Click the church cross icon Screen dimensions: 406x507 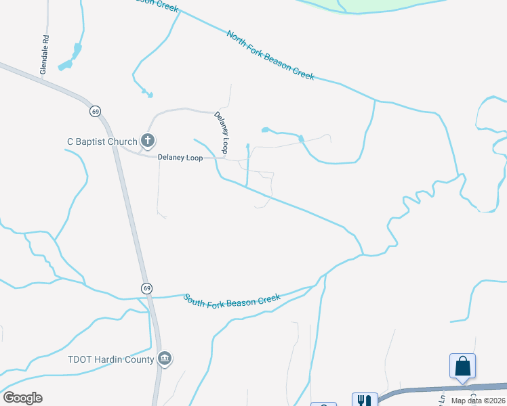[x=147, y=141]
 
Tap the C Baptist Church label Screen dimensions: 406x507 [x=102, y=141]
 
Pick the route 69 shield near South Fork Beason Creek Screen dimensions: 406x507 [x=146, y=288]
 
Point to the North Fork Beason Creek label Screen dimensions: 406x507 [x=270, y=55]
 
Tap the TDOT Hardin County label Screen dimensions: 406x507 [x=110, y=359]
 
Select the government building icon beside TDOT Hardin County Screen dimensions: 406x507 [x=164, y=359]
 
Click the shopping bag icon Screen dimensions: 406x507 [x=462, y=366]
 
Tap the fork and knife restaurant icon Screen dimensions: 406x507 [x=365, y=400]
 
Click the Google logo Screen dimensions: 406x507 [x=22, y=398]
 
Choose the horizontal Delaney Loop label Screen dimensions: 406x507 [x=180, y=158]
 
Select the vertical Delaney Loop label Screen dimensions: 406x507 [x=222, y=132]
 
